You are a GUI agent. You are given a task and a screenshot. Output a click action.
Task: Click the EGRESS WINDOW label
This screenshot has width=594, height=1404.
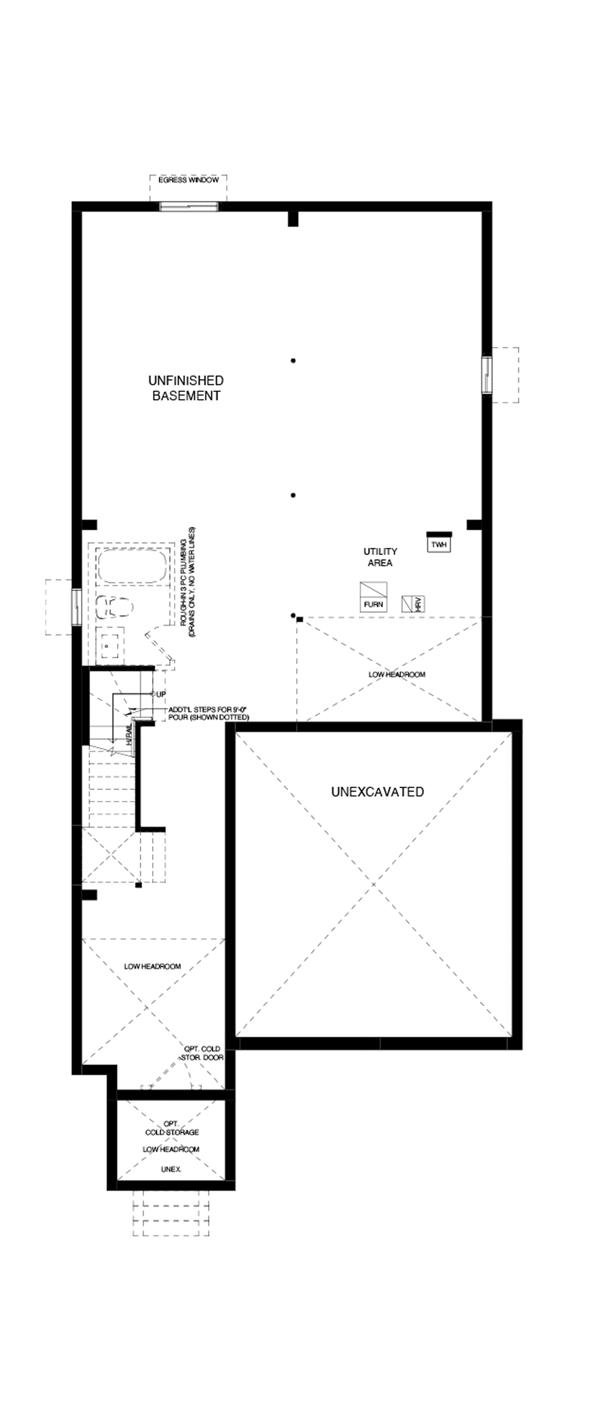point(188,180)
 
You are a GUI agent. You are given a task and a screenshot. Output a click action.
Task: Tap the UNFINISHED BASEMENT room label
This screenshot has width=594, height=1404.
point(186,388)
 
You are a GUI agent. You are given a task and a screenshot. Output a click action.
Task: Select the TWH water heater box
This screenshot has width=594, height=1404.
point(438,544)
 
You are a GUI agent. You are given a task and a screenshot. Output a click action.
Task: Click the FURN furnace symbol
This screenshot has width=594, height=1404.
point(373,597)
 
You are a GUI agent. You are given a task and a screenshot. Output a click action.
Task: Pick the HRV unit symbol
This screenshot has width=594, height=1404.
point(413,604)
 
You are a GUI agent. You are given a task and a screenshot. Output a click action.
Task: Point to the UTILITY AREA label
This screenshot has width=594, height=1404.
point(380,557)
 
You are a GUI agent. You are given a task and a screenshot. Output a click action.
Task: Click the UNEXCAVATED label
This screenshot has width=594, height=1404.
point(377,792)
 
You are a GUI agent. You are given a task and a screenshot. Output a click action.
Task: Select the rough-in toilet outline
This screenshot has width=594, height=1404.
point(114,607)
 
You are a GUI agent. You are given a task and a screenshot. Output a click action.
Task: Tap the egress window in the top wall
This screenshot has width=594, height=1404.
point(188,206)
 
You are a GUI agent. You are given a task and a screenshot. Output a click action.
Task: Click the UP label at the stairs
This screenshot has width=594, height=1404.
point(161,694)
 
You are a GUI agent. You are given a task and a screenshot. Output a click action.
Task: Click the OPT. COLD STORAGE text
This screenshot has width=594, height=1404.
point(172,1128)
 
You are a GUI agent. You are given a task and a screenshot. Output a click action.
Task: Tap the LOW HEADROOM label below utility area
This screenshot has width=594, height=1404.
point(397,674)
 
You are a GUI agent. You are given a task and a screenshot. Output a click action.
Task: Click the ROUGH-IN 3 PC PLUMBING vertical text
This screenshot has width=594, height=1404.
point(188,583)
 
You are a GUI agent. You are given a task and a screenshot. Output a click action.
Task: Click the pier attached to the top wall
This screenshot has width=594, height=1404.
point(293,219)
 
